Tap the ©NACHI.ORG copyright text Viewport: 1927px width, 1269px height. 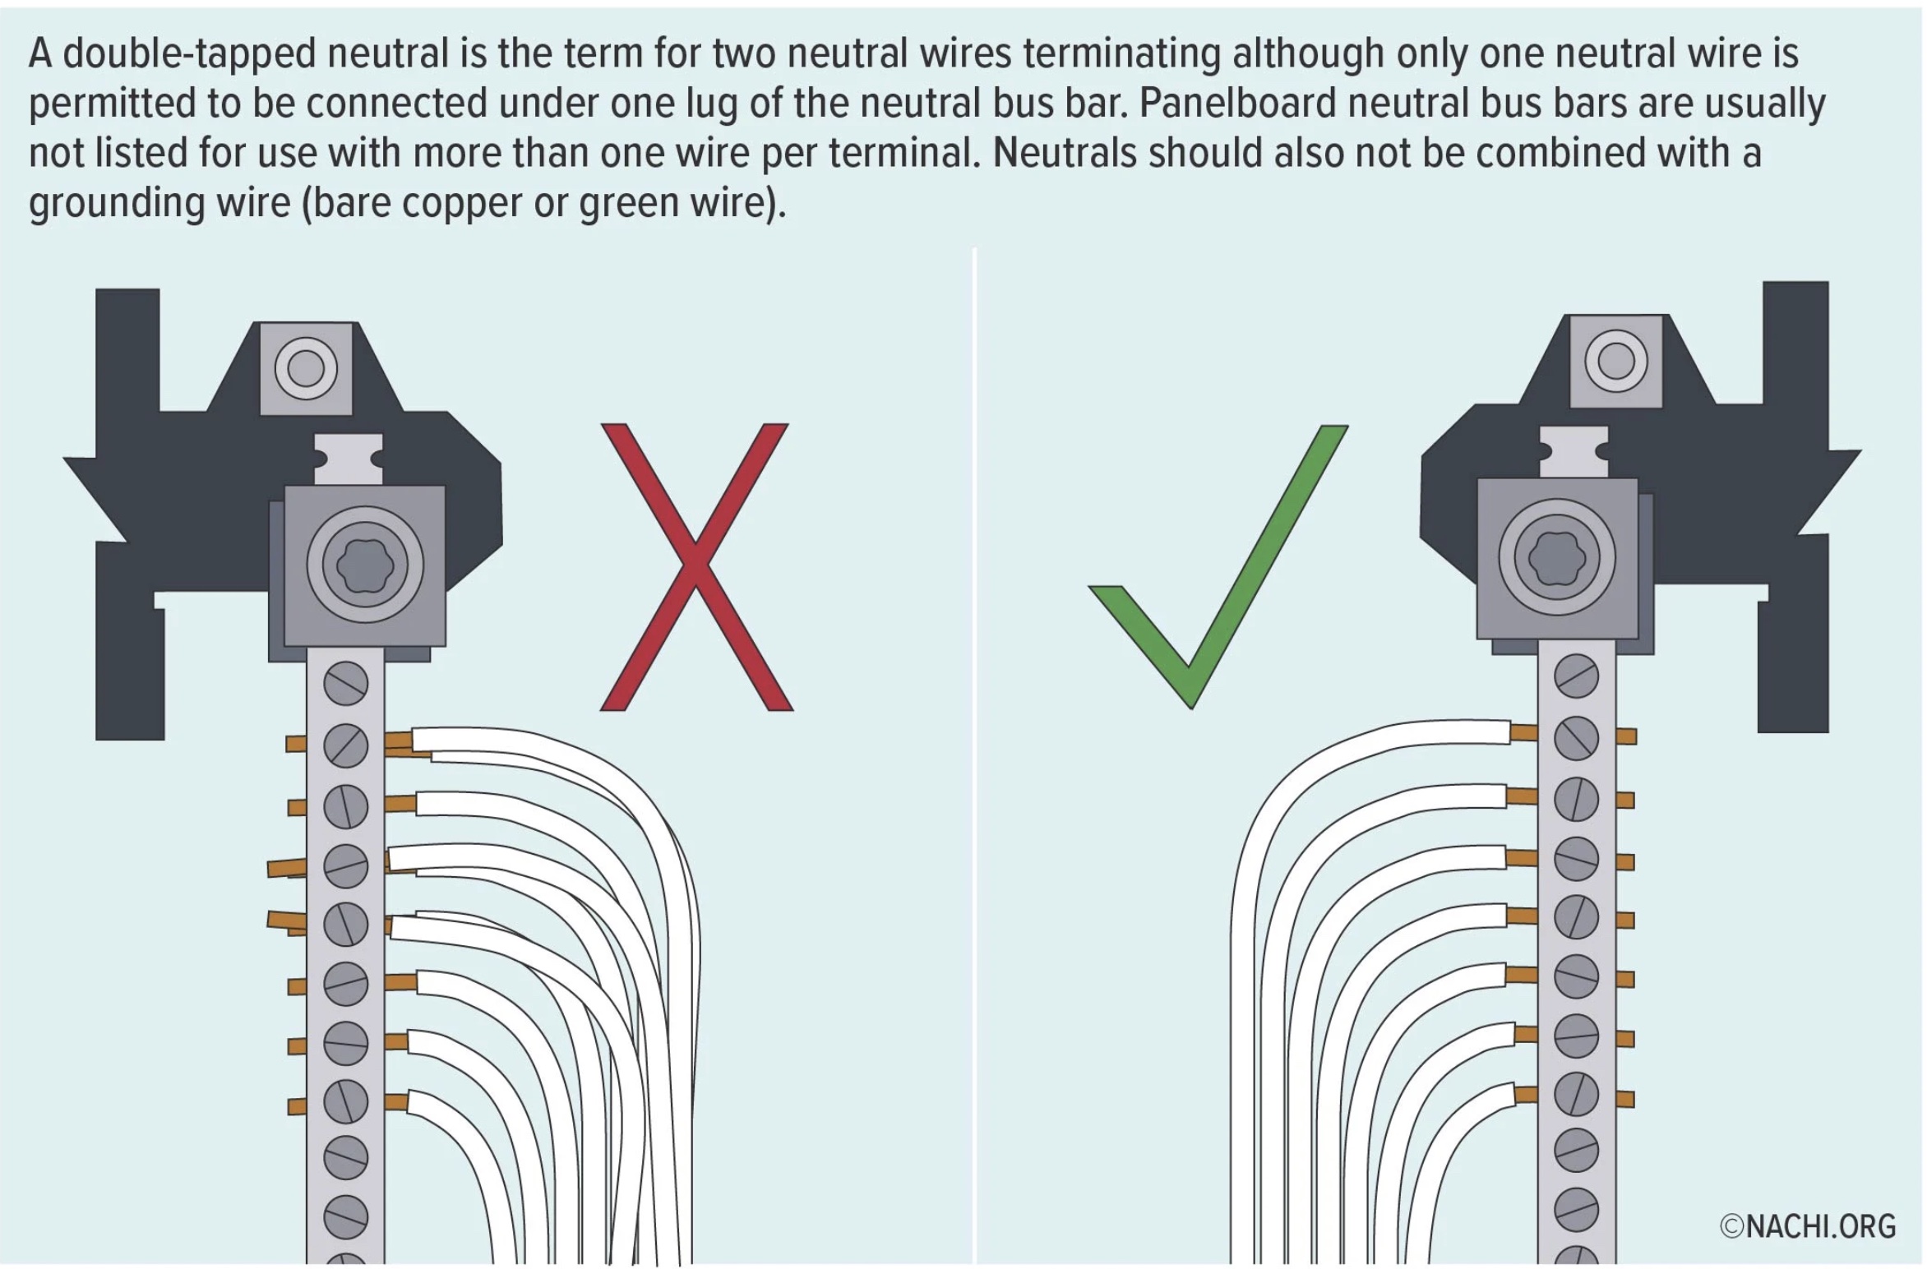pyautogui.click(x=1807, y=1225)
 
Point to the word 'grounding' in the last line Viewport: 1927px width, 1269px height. pyautogui.click(x=116, y=204)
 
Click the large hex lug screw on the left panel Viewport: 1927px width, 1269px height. pyautogui.click(x=365, y=565)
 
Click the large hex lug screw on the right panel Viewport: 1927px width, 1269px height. pyautogui.click(x=1556, y=557)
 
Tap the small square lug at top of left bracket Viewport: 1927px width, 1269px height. pyautogui.click(x=306, y=367)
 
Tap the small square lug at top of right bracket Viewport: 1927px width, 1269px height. pyautogui.click(x=1615, y=361)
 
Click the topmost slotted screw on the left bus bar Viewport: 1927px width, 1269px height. pyautogui.click(x=345, y=683)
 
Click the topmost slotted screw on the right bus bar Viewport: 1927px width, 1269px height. pyautogui.click(x=1576, y=676)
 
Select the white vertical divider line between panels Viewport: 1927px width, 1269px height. pyautogui.click(x=974, y=740)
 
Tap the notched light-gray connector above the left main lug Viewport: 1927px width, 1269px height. pyautogui.click(x=349, y=459)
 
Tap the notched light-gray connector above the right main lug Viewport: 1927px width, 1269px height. pyautogui.click(x=1573, y=451)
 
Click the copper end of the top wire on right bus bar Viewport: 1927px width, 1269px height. pyautogui.click(x=1523, y=732)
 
